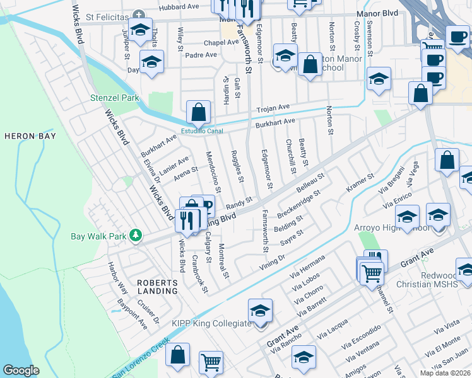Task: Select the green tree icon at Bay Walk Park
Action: pyautogui.click(x=135, y=235)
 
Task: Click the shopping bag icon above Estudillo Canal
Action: pyautogui.click(x=198, y=113)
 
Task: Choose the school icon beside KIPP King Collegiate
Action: pyautogui.click(x=260, y=311)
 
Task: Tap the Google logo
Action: pyautogui.click(x=21, y=370)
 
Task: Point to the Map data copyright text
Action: pyautogui.click(x=445, y=373)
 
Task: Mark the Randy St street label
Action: pyautogui.click(x=239, y=202)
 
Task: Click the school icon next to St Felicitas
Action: pyautogui.click(x=140, y=30)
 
